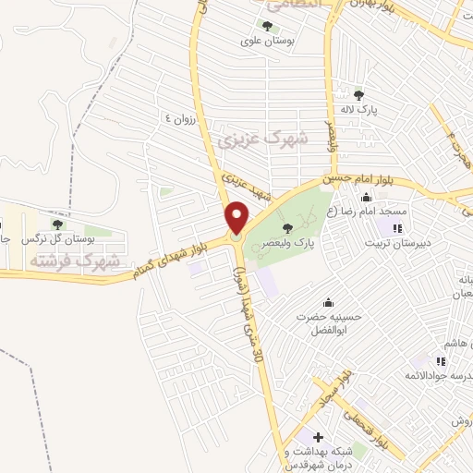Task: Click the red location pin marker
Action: point(236,219)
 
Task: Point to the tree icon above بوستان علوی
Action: point(269,27)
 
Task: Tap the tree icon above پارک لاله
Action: point(359,94)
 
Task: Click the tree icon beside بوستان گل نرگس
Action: point(57,224)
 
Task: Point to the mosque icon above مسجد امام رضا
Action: point(366,196)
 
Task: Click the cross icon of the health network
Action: point(318,436)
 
